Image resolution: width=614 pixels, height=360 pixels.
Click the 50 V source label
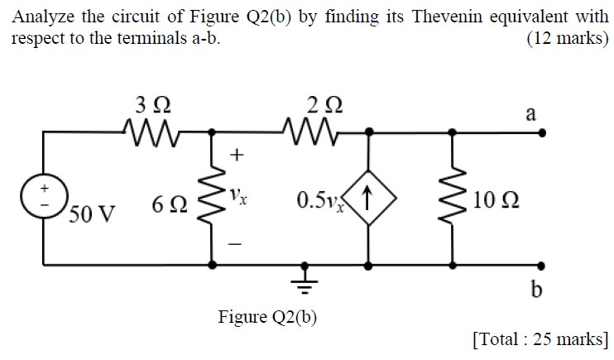91,215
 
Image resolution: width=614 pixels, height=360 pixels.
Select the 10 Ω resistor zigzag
453,199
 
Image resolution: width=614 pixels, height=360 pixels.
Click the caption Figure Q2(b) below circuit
267,316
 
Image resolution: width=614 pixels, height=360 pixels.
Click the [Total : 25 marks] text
539,338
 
